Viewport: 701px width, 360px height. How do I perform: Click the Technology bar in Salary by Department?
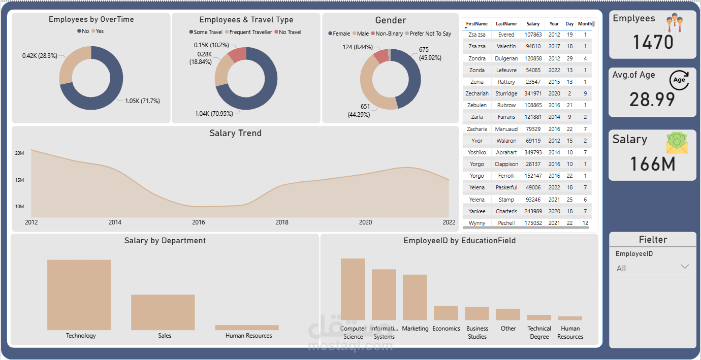tap(79, 294)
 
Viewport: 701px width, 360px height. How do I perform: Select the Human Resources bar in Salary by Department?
tap(247, 328)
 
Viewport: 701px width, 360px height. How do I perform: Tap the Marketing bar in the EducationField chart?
tap(415, 297)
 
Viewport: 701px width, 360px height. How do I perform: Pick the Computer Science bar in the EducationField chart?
tap(353, 289)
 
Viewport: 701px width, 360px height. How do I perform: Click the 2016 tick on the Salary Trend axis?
tap(199, 222)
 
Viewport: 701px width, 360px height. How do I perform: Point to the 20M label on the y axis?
tap(20, 153)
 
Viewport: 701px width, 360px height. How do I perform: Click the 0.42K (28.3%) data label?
tap(40, 55)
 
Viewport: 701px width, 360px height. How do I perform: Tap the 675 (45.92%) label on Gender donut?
tap(430, 53)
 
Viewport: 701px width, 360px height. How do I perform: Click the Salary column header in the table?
tap(533, 24)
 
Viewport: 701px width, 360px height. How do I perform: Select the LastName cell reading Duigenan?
tap(506, 58)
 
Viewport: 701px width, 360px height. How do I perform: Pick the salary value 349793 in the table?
tap(533, 152)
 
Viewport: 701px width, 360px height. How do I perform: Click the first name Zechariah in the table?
tap(477, 93)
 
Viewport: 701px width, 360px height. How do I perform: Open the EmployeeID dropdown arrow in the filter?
tap(684, 267)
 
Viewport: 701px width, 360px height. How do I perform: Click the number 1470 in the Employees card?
tap(653, 42)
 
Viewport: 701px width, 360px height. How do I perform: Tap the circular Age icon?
tap(679, 80)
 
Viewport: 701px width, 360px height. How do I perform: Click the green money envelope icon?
tap(677, 143)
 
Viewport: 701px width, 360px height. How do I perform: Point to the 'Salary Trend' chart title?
tap(235, 133)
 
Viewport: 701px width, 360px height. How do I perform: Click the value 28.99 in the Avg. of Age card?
tap(652, 99)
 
